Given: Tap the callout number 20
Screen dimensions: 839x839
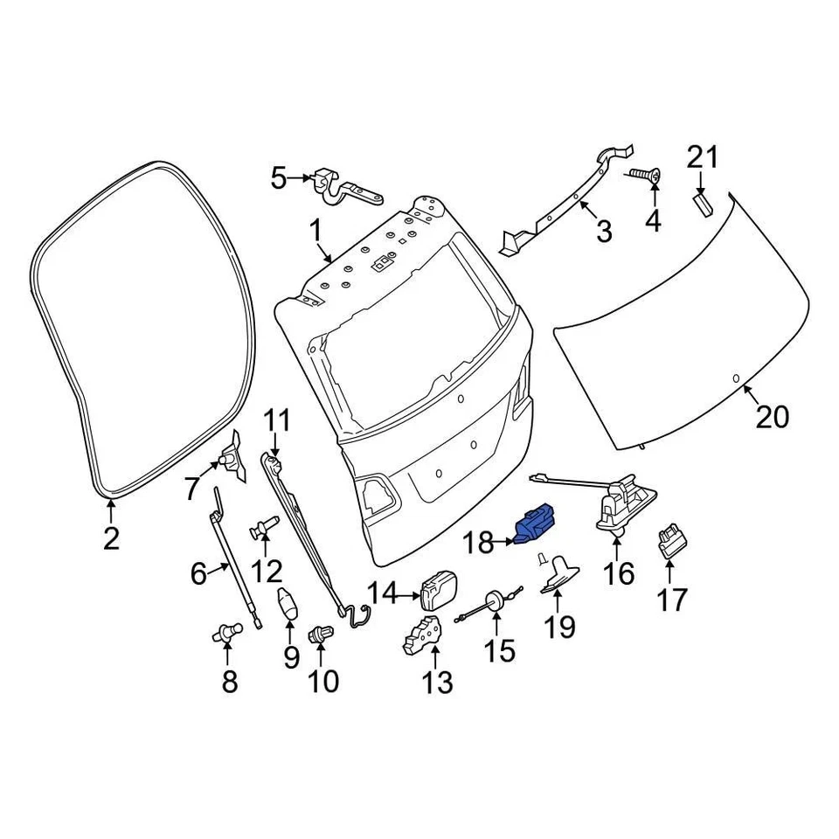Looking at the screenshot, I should click(x=773, y=417).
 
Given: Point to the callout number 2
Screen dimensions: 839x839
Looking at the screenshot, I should click(x=110, y=538).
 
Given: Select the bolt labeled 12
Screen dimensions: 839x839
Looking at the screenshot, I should click(x=263, y=528).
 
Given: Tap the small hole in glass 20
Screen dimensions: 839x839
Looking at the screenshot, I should click(x=735, y=378).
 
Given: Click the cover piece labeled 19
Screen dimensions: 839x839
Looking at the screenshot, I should click(x=560, y=573).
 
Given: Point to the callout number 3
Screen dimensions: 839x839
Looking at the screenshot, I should click(x=603, y=232).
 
